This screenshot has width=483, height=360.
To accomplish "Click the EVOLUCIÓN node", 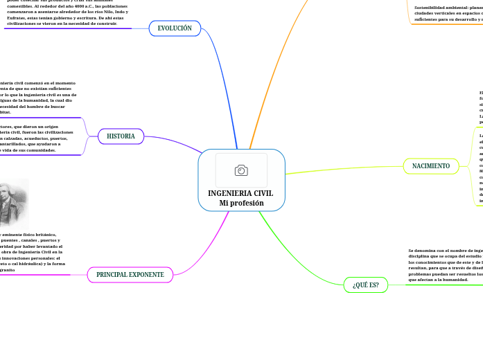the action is pos(175,28).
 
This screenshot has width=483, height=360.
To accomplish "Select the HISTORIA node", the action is pos(121,136).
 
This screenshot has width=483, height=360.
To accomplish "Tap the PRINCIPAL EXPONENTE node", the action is pos(130,275).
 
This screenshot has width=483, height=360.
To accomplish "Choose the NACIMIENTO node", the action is pos(430,166).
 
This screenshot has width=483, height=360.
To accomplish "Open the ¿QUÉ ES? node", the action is pos(365,285).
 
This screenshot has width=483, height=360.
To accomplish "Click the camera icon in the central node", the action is pos(241,170).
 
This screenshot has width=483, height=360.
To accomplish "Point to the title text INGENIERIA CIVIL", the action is pos(240,193).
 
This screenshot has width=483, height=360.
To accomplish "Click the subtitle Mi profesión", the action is pos(241,203).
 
